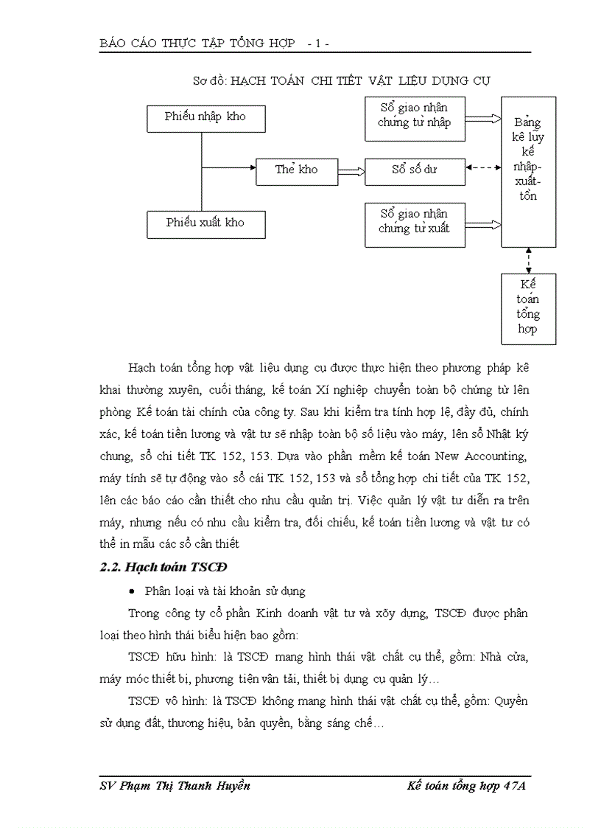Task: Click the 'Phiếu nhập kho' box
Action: coord(205,118)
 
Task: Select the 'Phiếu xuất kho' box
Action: coord(205,223)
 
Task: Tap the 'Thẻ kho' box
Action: coord(297,171)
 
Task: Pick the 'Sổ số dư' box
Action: coord(415,171)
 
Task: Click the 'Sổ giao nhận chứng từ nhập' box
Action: coord(415,118)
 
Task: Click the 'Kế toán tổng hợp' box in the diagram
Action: coord(528,308)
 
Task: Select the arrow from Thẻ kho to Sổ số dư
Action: coord(351,171)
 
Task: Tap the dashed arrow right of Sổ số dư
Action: coord(483,168)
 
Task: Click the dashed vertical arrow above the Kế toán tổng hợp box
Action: coord(529,260)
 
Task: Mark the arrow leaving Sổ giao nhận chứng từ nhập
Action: coord(483,118)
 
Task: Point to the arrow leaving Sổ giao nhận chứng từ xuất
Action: coord(483,224)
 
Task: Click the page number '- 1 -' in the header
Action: coord(317,44)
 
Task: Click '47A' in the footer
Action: coord(515,786)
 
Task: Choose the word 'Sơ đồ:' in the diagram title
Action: coord(210,80)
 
